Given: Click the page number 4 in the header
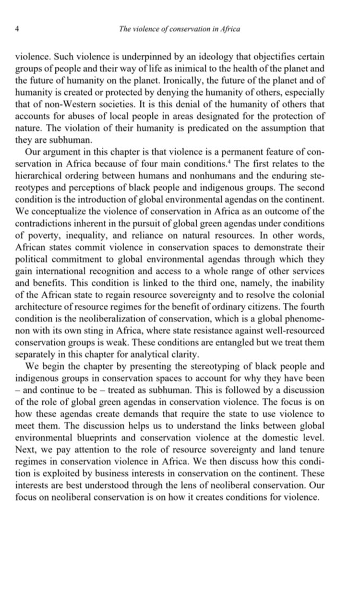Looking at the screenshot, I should (x=17, y=29).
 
